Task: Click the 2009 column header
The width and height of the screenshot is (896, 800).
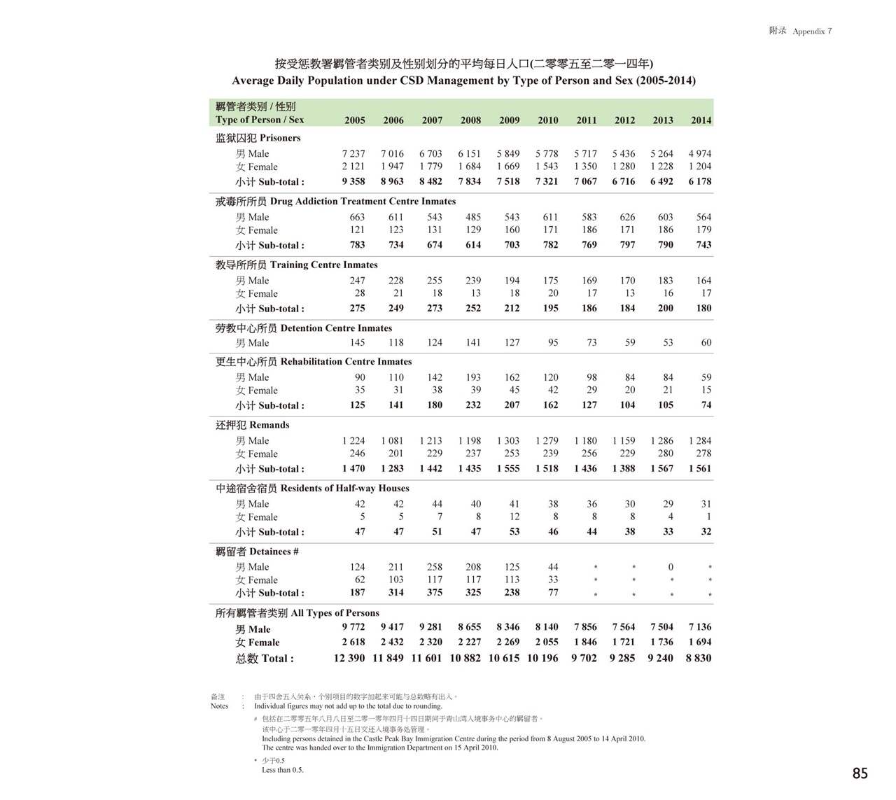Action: point(509,120)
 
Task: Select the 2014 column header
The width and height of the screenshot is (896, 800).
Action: point(701,120)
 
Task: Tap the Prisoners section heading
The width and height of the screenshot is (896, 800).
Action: point(258,138)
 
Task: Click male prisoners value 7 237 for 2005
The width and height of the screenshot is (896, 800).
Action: point(353,154)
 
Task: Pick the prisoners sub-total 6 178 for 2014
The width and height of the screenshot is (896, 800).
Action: point(699,181)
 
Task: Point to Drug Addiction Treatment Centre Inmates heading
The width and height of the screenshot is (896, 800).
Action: point(335,202)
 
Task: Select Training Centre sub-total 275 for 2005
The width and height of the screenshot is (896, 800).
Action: point(357,308)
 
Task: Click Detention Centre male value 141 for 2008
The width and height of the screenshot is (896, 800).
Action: point(473,343)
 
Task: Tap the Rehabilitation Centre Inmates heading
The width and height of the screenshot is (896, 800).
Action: point(314,362)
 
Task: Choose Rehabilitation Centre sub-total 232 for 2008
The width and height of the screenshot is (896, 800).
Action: point(473,405)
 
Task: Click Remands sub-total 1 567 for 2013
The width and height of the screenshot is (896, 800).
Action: point(661,468)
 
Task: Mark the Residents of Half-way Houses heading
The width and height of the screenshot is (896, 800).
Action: point(312,489)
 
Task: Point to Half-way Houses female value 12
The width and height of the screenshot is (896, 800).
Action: point(514,517)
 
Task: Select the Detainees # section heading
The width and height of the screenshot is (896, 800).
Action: point(257,552)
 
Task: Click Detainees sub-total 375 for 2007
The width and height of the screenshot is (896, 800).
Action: point(435,592)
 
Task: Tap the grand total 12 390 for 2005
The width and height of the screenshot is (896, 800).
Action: point(349,658)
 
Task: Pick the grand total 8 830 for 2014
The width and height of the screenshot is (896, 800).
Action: point(698,658)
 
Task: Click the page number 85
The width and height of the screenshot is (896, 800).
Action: point(860,773)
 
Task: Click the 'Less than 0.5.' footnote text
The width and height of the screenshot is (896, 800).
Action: point(283,770)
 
